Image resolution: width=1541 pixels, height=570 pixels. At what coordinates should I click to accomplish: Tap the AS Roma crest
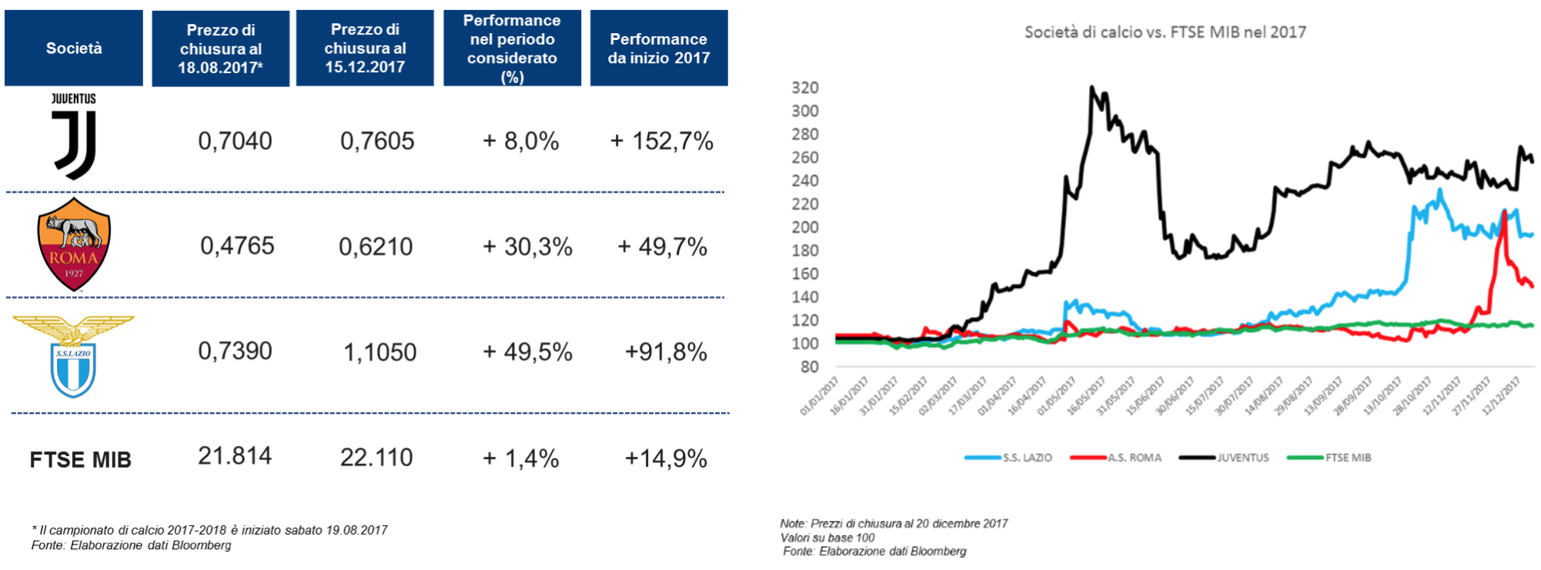pyautogui.click(x=74, y=244)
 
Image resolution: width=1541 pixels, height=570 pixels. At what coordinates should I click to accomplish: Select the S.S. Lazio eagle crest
pyautogui.click(x=73, y=356)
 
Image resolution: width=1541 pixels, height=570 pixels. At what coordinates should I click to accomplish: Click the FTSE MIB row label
pyautogui.click(x=80, y=460)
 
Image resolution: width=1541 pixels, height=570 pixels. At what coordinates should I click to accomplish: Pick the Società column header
pyautogui.click(x=74, y=48)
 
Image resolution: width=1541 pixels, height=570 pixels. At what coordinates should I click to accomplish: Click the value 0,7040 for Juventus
pyautogui.click(x=235, y=141)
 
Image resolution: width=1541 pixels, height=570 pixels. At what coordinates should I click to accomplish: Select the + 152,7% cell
pyautogui.click(x=661, y=141)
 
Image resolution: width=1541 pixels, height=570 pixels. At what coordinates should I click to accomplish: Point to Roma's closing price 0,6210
pyautogui.click(x=376, y=246)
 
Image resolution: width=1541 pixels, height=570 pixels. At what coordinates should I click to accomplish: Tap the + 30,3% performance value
pyautogui.click(x=527, y=246)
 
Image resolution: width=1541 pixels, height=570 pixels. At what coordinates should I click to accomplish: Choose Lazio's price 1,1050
pyautogui.click(x=379, y=352)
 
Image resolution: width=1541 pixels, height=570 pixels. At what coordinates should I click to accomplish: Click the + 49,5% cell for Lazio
pyautogui.click(x=527, y=352)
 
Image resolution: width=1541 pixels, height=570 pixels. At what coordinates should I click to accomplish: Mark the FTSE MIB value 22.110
pyautogui.click(x=376, y=458)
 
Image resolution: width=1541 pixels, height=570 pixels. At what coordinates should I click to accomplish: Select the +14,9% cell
pyautogui.click(x=666, y=458)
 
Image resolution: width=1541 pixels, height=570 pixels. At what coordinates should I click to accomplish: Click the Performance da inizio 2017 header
pyautogui.click(x=658, y=48)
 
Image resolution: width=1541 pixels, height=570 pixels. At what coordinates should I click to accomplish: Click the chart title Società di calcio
pyautogui.click(x=1165, y=32)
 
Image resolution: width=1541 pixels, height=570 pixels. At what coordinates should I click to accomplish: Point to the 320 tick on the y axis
pyautogui.click(x=805, y=88)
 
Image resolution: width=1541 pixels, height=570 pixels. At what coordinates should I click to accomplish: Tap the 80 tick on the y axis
pyautogui.click(x=809, y=367)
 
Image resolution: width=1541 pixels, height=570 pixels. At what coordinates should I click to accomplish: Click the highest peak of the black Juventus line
pyautogui.click(x=1091, y=87)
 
